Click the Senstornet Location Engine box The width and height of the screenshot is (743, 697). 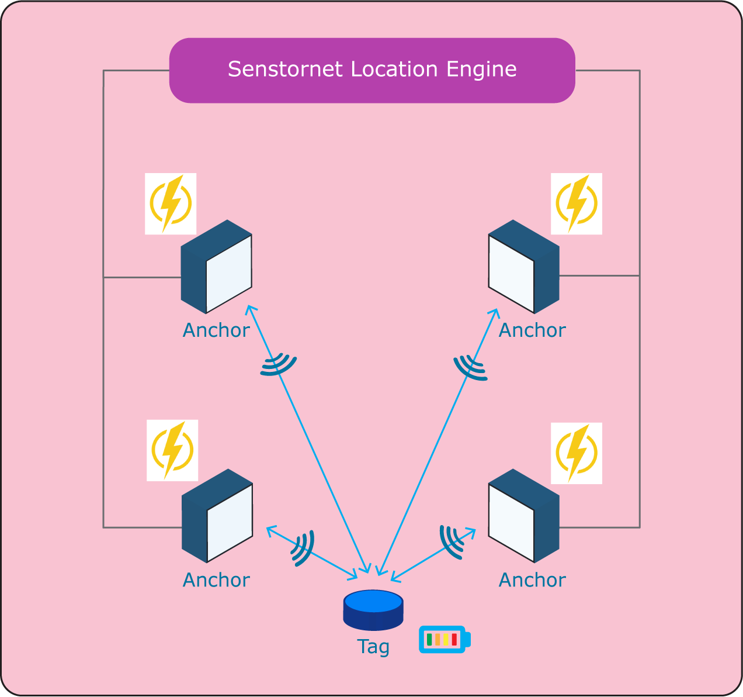pos(372,70)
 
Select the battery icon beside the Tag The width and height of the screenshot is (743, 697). pos(445,639)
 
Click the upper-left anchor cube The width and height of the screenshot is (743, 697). pos(217,267)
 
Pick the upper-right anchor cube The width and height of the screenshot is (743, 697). pos(524,267)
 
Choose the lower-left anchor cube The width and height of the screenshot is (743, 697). pos(217,516)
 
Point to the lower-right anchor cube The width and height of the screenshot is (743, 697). pos(524,516)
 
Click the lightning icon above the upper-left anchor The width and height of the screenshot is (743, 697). pos(171,203)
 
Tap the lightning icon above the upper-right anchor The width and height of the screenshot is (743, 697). pos(577,203)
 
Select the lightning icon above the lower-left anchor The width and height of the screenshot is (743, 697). pos(172,450)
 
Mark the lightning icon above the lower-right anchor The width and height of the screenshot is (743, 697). pos(577,453)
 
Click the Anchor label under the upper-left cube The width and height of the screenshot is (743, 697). pos(216,330)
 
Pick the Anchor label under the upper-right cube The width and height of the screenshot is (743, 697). pos(532,330)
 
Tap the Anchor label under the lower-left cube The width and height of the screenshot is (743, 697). pos(216,580)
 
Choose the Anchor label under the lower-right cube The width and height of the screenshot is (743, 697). pos(532,580)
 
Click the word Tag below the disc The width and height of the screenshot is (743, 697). pos(373,647)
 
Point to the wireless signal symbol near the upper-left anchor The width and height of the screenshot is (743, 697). pos(279,364)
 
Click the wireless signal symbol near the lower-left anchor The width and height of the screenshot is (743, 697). pos(303,548)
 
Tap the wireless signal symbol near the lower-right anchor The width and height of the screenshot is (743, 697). pos(452,543)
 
